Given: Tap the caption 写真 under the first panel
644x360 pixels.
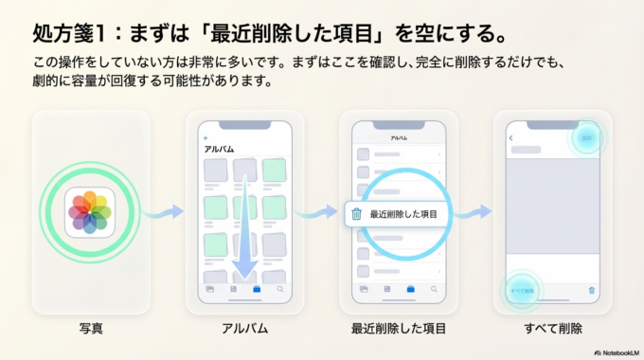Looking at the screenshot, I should pos(91,329).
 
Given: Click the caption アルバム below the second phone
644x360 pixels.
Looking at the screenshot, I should pos(245,329).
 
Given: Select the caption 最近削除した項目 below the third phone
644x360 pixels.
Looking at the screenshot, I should pos(399,329).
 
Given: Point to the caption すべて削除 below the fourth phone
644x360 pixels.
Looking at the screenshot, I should pos(553,329).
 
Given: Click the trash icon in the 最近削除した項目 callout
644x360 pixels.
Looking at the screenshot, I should pos(356,214).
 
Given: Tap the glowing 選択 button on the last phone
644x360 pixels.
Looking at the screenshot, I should pos(587,138).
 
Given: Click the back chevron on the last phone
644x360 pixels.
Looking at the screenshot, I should pos(511,138).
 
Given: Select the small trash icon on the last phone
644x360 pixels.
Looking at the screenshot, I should pos(592,290).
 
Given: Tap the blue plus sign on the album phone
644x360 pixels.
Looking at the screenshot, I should pos(206,138).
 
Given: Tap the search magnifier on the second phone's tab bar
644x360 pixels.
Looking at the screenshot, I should pos(280,287).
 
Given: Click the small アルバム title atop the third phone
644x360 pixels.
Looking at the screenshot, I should pos(399,138).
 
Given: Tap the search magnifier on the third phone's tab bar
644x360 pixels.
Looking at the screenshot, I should pos(434,287).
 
